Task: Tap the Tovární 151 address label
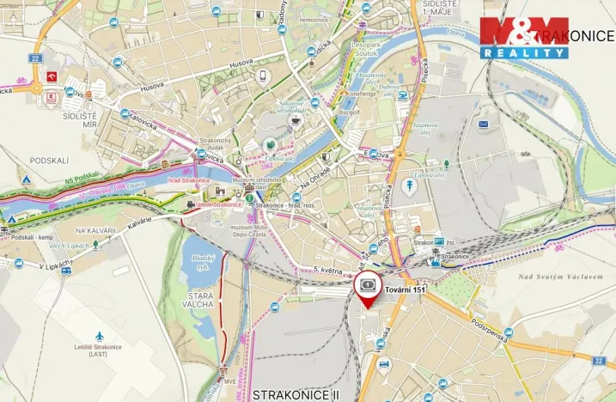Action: tap(405, 290)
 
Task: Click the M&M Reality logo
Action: tap(524, 37)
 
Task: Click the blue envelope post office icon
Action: tap(484, 125)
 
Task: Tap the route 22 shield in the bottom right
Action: tap(599, 361)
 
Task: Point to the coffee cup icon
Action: tap(296, 121)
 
